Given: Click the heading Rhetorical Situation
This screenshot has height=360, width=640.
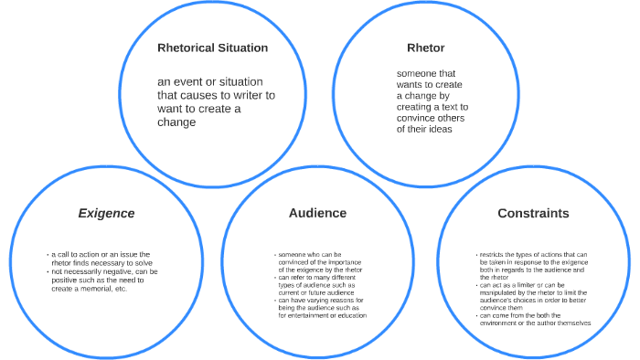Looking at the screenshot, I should tap(213, 48).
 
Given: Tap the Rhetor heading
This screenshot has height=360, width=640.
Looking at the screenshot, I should tap(425, 48).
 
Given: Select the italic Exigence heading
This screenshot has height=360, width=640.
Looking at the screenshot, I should tap(106, 213).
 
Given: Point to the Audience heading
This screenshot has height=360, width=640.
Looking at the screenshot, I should tap(317, 213).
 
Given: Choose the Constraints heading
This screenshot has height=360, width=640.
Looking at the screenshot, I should tap(533, 213).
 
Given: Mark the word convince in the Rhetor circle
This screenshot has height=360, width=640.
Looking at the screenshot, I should tap(417, 118).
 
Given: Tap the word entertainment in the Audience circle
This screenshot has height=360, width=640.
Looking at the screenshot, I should tap(307, 316).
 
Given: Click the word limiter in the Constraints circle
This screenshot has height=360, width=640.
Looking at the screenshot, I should tap(521, 286).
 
